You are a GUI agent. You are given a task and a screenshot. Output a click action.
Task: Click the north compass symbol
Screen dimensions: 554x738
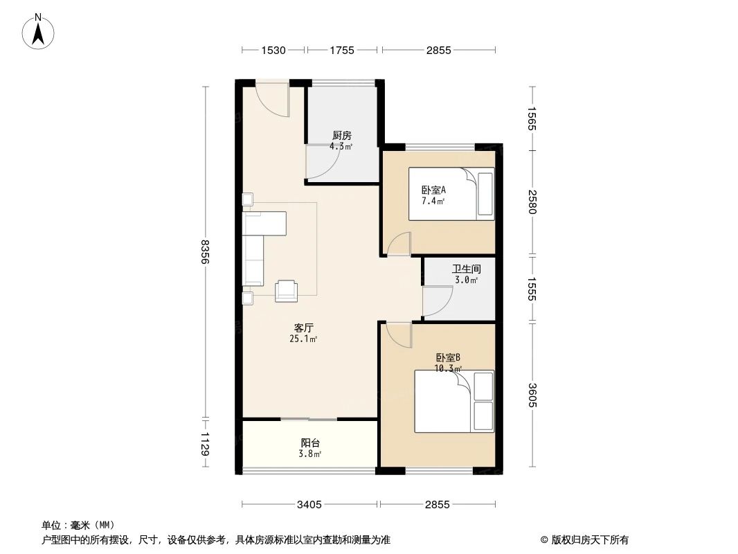point(39,30)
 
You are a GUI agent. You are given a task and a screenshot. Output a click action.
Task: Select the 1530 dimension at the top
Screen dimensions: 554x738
point(273,50)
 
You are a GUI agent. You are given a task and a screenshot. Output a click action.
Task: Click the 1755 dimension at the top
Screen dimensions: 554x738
point(342,50)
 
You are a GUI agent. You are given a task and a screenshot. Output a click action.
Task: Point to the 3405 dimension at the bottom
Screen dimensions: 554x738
point(309,505)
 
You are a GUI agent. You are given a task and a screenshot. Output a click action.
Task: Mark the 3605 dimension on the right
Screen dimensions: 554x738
point(532,395)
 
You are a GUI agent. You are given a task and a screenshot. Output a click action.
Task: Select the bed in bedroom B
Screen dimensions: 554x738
point(454,401)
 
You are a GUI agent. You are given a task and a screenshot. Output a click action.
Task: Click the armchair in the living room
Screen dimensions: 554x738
point(286,291)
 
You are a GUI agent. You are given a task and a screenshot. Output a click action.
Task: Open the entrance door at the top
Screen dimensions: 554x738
point(271,99)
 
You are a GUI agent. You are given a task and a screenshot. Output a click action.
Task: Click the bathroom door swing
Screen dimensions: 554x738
point(435,301)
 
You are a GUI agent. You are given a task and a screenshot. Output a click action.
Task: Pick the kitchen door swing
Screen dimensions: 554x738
point(323,160)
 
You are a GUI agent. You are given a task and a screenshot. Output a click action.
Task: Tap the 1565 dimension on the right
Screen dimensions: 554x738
point(532,118)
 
